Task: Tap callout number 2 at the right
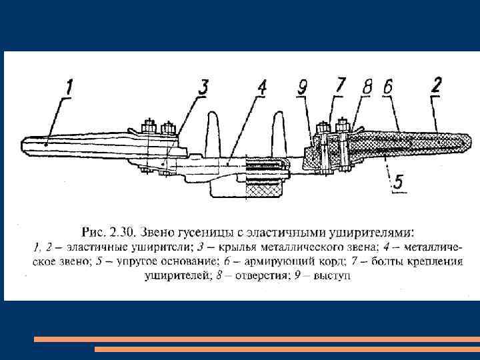coord(437,85)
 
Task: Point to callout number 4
coord(262,87)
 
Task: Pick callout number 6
coord(389,87)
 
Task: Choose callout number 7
coord(341,85)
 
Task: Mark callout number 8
coord(367,87)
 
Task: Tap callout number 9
coord(303,87)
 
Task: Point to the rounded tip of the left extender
coord(27,143)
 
